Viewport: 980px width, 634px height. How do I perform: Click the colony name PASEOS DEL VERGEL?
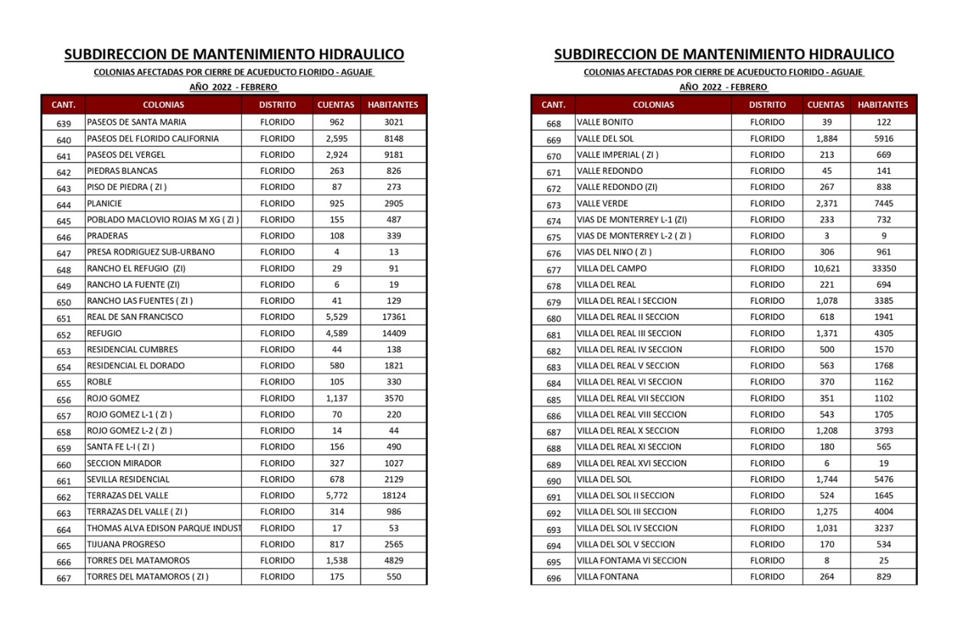(x=126, y=155)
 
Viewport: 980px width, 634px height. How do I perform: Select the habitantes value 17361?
(x=394, y=317)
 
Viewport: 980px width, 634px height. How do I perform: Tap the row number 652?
(x=64, y=335)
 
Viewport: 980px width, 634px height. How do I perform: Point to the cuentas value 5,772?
(x=336, y=495)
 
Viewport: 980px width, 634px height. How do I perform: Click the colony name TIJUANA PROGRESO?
(x=126, y=544)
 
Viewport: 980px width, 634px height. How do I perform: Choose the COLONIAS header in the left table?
(x=163, y=105)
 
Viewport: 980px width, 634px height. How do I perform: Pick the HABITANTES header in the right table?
(x=883, y=105)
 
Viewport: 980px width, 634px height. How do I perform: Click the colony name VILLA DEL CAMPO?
(x=611, y=269)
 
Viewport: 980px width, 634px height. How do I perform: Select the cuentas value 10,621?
(x=826, y=269)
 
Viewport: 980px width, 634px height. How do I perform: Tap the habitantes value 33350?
(x=884, y=269)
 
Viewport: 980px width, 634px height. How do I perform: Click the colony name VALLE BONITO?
(x=605, y=123)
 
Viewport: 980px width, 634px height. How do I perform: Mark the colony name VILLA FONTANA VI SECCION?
(x=632, y=560)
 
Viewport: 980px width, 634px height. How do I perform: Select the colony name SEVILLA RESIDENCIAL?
(x=128, y=479)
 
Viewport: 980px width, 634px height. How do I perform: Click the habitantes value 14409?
(x=394, y=334)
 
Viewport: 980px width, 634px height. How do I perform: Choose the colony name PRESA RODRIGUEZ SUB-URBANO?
(x=150, y=252)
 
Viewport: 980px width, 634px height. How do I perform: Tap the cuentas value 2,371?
(x=826, y=204)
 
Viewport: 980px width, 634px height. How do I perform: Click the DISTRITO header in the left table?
(x=277, y=105)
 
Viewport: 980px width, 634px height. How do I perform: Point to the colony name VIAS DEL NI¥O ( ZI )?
(x=614, y=252)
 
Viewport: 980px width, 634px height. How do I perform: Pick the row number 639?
(x=64, y=124)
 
